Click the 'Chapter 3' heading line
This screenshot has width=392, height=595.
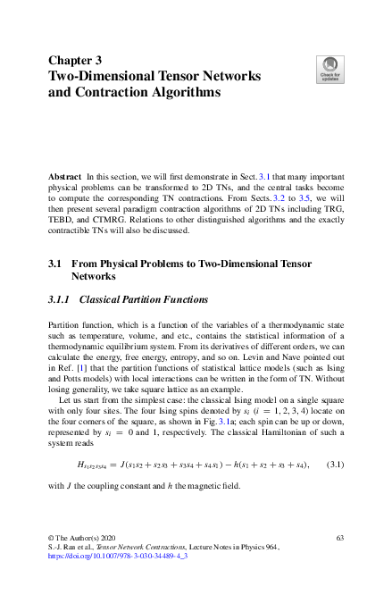79,61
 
